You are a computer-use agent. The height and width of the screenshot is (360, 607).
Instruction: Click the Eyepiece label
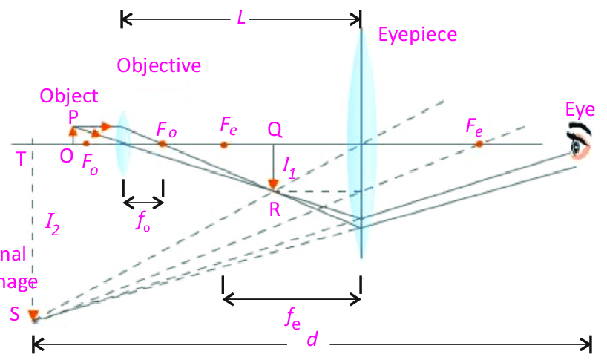(417, 34)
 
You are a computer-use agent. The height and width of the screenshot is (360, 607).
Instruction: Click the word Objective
(159, 65)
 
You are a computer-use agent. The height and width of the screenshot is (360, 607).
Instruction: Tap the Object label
(68, 96)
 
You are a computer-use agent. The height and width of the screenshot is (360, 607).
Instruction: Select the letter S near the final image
(15, 313)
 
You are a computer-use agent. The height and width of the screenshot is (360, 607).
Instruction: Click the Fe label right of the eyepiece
(475, 127)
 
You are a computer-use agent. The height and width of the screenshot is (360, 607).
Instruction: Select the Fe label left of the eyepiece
(229, 125)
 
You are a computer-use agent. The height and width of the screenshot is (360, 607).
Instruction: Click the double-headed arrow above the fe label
(292, 298)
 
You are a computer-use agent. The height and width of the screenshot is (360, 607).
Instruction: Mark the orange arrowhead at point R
(273, 183)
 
